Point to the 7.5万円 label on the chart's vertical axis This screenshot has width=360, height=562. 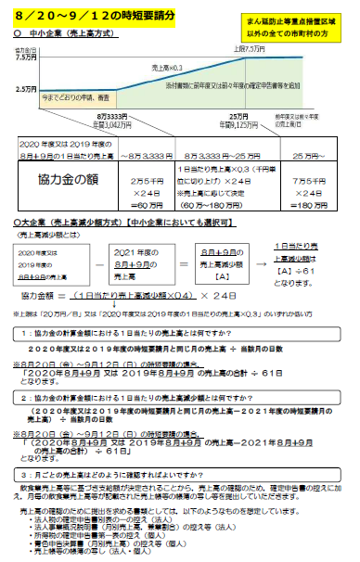click(x=26, y=57)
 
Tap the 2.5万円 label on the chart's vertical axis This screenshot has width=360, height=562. click(x=26, y=89)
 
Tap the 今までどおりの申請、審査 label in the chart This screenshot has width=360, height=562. click(x=80, y=96)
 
